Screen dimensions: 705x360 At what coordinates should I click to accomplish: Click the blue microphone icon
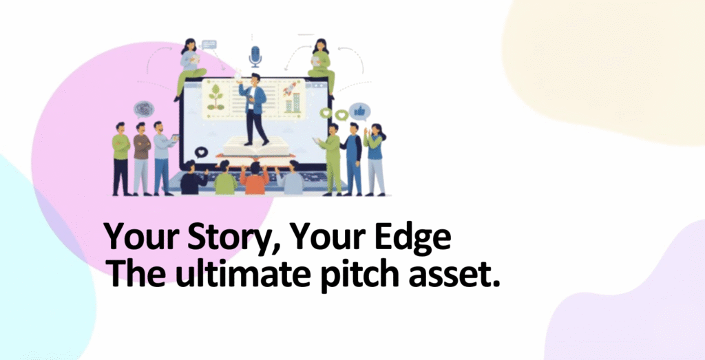255,56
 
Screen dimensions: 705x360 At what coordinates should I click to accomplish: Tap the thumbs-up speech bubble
359,111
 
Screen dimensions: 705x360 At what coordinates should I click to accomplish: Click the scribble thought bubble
143,109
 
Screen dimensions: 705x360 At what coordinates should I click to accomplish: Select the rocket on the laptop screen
289,89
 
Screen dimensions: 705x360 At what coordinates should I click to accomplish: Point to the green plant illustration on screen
215,97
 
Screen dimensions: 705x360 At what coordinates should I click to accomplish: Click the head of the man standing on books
255,78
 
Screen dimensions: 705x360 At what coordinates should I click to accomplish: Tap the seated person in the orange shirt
255,179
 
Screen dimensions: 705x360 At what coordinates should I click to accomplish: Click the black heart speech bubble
200,152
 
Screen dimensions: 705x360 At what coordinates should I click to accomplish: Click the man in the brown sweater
142,158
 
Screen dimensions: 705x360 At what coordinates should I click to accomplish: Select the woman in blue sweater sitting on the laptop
190,67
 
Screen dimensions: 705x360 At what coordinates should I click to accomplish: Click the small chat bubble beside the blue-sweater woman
209,45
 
